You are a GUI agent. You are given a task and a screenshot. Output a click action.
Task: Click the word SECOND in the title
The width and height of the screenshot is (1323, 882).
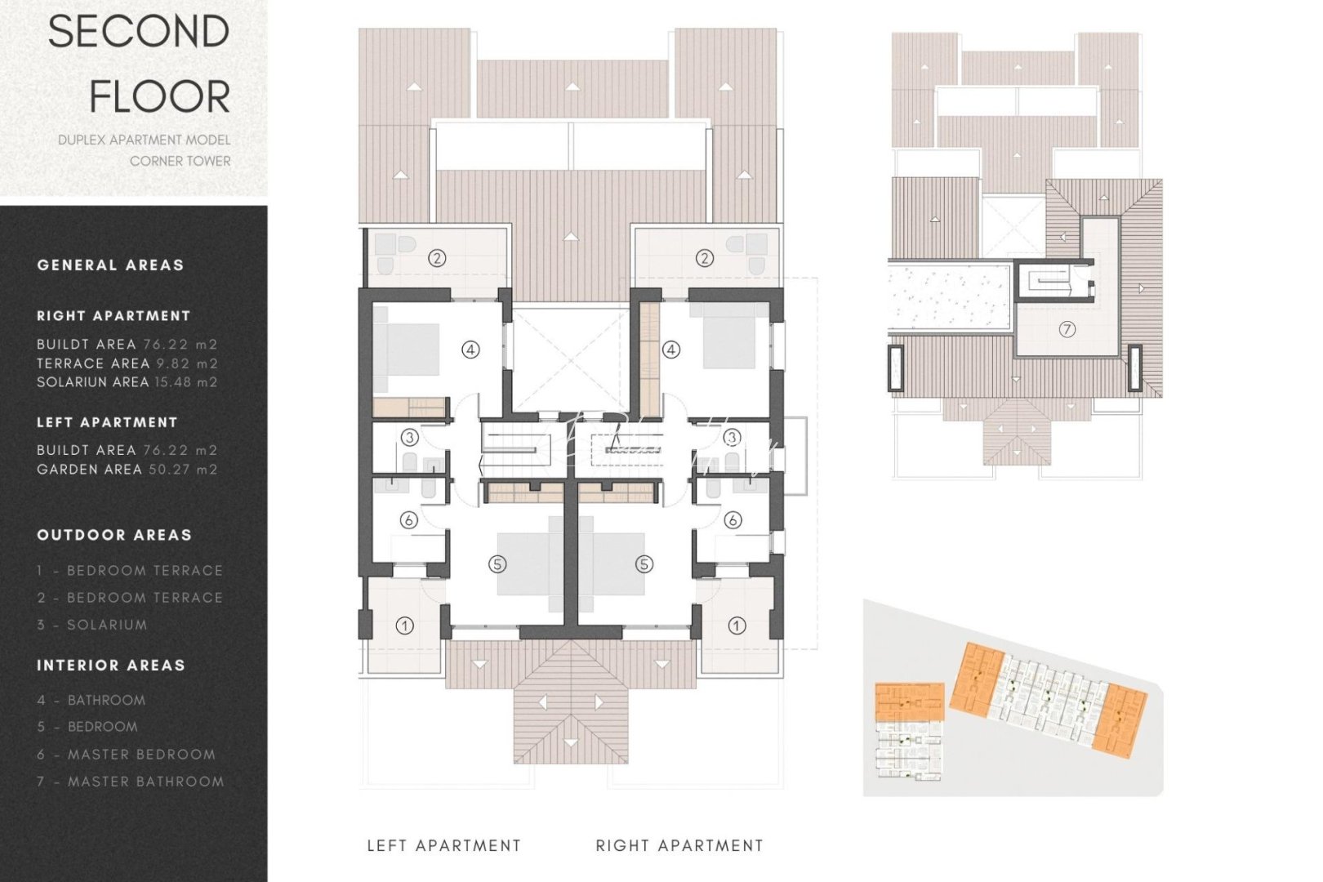click(x=139, y=33)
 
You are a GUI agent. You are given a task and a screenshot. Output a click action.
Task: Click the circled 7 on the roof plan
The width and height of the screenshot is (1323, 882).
click(x=1067, y=329)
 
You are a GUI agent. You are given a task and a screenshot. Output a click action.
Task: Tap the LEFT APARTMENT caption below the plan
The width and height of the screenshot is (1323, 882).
click(x=443, y=845)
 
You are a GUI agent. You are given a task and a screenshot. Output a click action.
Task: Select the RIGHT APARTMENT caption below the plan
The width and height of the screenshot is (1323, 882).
click(x=679, y=845)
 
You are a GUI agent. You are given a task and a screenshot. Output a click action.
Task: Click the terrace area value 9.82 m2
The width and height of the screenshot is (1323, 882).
click(x=187, y=363)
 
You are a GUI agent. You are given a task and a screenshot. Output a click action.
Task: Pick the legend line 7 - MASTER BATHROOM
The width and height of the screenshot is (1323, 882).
click(x=131, y=782)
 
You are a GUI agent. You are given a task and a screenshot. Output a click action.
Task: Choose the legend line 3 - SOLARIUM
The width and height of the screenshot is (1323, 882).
click(x=92, y=625)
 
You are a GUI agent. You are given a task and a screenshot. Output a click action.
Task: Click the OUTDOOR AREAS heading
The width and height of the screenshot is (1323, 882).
click(x=114, y=535)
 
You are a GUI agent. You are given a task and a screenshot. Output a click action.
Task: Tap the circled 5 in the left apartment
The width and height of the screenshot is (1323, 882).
click(x=497, y=563)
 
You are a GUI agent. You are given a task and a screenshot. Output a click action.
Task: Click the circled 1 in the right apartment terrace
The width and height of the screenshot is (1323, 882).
click(x=737, y=626)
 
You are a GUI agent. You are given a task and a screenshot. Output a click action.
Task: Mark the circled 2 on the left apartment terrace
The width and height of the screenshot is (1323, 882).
click(x=437, y=258)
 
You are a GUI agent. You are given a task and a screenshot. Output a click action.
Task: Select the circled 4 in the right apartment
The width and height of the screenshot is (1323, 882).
click(x=670, y=350)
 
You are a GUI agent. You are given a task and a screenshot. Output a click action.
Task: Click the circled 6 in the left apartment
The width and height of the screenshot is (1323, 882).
click(x=409, y=520)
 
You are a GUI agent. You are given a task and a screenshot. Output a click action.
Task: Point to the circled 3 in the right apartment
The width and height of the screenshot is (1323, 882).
click(x=731, y=438)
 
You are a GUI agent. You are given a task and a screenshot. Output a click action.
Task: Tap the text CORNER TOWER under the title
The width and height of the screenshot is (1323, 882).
click(x=180, y=161)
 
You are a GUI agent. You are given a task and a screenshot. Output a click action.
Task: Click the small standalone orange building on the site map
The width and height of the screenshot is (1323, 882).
click(x=909, y=702)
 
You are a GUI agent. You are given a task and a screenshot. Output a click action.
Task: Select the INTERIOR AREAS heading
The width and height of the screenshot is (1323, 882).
click(x=111, y=666)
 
